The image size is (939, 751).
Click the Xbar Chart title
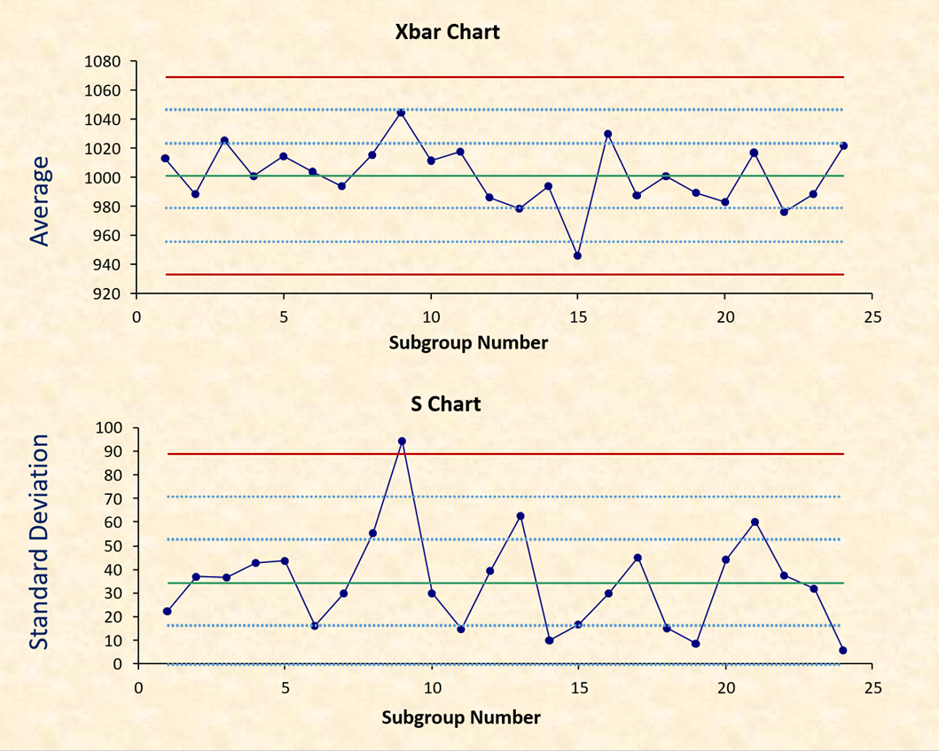coord(447,32)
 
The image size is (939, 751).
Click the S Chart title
coord(445,404)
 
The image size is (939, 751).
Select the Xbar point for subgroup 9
coord(401,113)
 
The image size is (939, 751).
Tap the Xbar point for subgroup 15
coord(577,255)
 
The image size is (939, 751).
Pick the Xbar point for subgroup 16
coord(607,134)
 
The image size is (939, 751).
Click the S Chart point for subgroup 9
coord(402,441)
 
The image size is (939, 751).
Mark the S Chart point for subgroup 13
coord(520,516)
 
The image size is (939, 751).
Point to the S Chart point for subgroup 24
coord(842,650)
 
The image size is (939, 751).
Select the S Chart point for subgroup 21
coord(755,522)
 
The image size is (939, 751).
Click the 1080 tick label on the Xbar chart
coord(104,62)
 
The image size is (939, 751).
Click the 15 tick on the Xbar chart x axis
coord(577,317)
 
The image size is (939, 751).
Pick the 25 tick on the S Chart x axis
coord(872,687)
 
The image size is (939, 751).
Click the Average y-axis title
coord(40,200)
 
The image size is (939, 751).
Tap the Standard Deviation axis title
coord(38,542)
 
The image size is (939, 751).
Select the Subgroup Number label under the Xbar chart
coord(467,342)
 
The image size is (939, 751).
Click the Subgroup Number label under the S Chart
coord(461,716)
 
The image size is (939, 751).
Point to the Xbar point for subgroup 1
coord(165,159)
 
